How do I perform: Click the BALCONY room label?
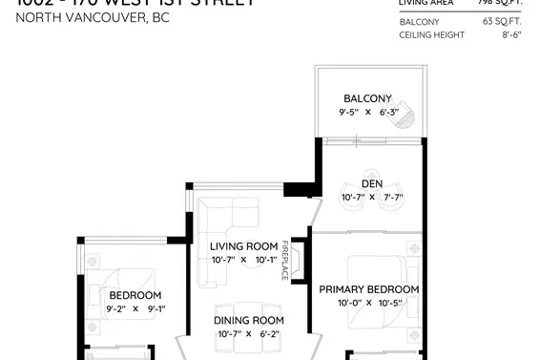click(x=368, y=98)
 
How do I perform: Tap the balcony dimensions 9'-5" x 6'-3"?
click(x=368, y=113)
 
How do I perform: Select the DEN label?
click(x=372, y=184)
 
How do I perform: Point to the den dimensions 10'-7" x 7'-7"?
click(x=372, y=198)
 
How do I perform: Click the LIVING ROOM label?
click(x=244, y=246)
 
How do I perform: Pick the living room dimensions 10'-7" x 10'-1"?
click(x=243, y=260)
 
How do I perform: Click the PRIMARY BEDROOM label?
click(x=368, y=289)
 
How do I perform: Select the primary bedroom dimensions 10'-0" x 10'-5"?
click(x=368, y=304)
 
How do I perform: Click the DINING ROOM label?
click(x=249, y=320)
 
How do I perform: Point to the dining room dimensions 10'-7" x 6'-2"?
click(x=248, y=334)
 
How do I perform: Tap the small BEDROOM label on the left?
click(x=135, y=295)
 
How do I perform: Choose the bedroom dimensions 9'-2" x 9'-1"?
click(x=135, y=309)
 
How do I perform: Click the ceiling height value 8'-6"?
click(x=511, y=34)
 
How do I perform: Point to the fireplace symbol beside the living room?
click(x=298, y=259)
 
